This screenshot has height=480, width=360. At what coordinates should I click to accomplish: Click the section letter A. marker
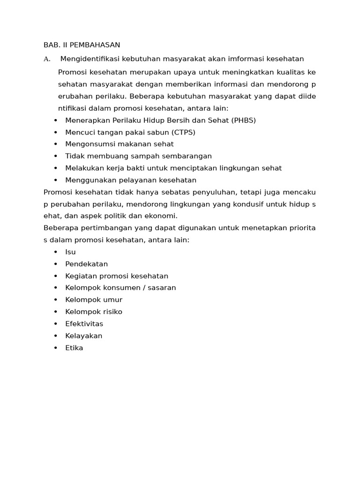click(x=46, y=59)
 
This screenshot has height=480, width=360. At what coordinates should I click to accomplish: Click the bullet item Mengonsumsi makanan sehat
click(x=119, y=144)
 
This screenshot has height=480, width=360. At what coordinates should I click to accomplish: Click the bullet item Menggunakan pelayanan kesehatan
click(x=130, y=180)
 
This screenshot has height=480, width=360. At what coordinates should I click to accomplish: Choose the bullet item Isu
click(x=70, y=252)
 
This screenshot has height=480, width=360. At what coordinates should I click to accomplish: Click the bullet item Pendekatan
click(x=86, y=264)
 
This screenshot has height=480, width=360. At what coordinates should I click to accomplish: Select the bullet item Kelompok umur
click(x=93, y=300)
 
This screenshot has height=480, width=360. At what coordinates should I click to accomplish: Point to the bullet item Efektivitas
click(x=84, y=324)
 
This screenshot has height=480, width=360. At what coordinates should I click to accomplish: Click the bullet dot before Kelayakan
click(x=56, y=336)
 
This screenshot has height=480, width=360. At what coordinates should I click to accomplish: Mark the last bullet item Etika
click(x=74, y=348)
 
